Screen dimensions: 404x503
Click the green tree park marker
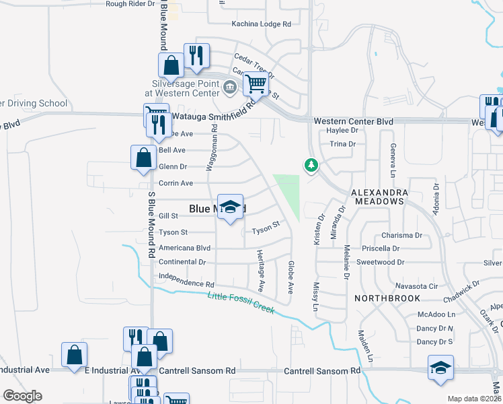point(311,164)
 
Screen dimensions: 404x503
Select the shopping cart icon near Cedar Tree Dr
point(256,84)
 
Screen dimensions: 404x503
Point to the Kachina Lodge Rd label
point(251,24)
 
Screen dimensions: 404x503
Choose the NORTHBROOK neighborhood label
point(389,298)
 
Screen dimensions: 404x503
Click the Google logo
point(22,396)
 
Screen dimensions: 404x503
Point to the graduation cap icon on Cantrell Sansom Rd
point(440,368)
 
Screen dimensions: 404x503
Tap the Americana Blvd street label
point(184,248)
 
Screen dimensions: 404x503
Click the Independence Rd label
point(186,276)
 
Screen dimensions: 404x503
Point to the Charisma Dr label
point(401,236)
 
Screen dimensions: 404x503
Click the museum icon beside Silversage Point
point(229,86)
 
